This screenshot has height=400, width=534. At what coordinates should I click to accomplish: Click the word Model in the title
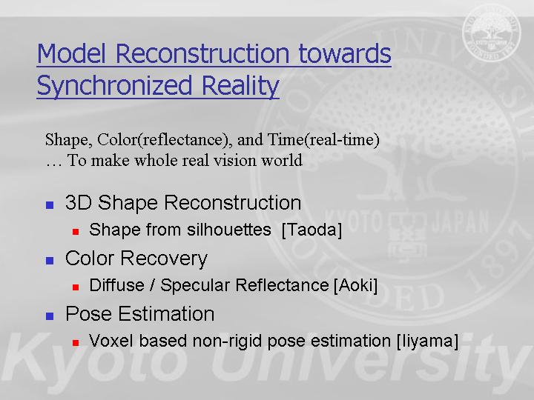tap(71, 53)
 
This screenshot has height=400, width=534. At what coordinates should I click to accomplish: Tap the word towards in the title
tap(345, 53)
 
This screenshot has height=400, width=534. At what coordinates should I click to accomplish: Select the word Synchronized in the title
tap(114, 86)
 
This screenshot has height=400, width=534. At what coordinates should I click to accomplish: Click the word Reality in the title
tap(240, 86)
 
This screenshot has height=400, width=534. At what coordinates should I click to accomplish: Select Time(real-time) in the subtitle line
tap(323, 140)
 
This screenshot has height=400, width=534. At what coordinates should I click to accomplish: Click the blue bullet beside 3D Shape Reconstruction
tap(50, 204)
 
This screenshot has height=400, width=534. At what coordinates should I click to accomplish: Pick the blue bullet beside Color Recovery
tap(50, 261)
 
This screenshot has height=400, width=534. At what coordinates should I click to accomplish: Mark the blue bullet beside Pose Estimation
tap(50, 316)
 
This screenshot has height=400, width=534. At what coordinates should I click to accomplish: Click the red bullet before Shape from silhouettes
tap(76, 232)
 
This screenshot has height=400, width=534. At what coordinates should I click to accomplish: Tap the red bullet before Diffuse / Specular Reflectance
tap(76, 287)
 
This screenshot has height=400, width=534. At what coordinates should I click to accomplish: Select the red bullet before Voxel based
tap(76, 343)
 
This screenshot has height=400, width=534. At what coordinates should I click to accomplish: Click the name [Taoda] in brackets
tap(311, 230)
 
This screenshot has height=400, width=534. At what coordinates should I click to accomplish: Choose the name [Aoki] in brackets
tap(355, 285)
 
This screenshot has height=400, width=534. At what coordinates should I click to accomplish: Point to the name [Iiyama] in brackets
tap(427, 341)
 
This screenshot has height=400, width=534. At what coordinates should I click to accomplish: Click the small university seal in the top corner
tap(492, 33)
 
